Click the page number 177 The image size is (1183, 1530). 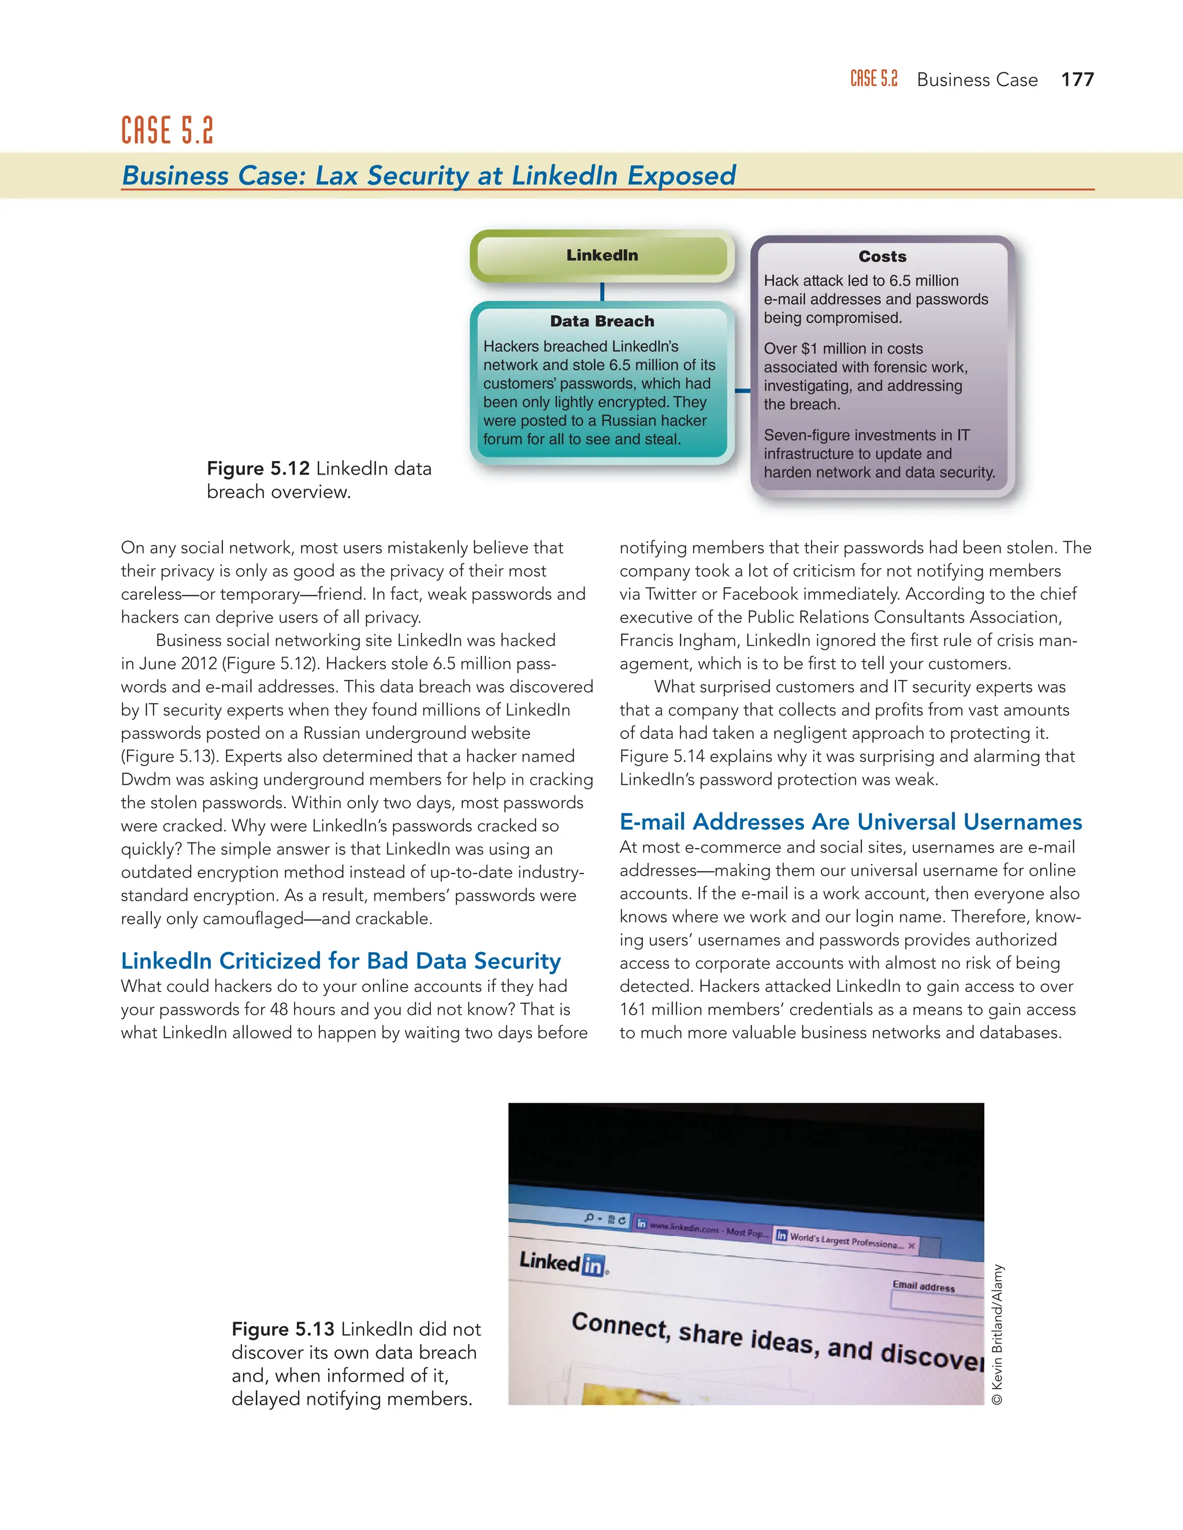click(1077, 80)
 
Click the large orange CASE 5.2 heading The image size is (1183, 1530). click(167, 131)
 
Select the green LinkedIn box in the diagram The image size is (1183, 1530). click(602, 256)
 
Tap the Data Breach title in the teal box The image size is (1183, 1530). click(602, 322)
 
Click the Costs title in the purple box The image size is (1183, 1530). click(883, 256)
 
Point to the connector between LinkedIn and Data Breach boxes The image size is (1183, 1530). click(602, 292)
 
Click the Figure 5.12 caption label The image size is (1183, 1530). click(258, 469)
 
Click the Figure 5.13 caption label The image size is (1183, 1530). click(282, 1329)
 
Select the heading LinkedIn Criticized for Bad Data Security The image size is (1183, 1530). click(341, 961)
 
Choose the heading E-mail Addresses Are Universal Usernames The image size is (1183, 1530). click(850, 822)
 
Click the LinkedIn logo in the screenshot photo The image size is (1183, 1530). click(563, 1263)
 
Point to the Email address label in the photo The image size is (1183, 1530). click(923, 1286)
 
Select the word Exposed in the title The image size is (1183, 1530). click(681, 175)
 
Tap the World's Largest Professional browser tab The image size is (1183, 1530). click(845, 1241)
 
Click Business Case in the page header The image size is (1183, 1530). click(977, 80)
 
